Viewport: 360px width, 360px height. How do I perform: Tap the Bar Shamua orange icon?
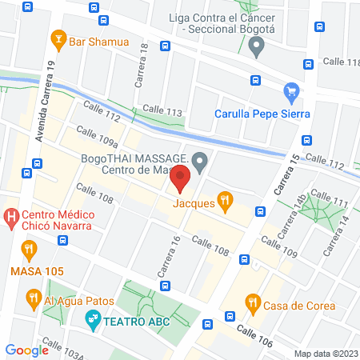pos(58,38)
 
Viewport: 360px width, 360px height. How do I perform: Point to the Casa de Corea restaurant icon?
pos(253,302)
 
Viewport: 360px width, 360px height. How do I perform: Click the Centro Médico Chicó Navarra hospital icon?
pos(11,215)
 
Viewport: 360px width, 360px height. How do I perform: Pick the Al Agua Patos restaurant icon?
pos(33,300)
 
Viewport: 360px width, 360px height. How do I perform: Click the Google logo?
pos(26,350)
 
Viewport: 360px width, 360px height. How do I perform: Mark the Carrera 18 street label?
pos(142,59)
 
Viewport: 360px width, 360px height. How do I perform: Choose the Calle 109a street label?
pos(98,138)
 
